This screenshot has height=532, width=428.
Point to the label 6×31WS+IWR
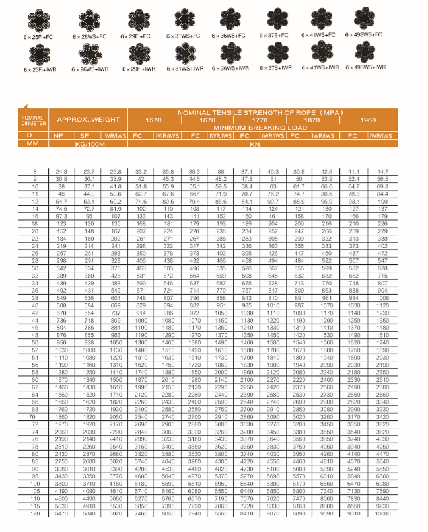click(182, 68)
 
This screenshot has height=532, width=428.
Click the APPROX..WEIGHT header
click(89, 120)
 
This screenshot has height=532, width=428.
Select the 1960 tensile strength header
click(369, 120)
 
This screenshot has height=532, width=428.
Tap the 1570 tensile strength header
click(153, 120)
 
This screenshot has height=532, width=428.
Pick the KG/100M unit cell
click(88, 143)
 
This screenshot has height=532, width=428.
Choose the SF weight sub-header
click(88, 135)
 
